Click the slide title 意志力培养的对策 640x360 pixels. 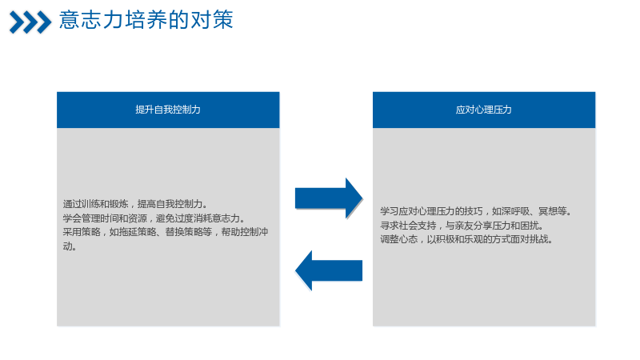point(146,19)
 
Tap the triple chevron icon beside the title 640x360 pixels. point(30,22)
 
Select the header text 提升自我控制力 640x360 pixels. point(168,110)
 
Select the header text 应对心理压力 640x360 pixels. point(484,110)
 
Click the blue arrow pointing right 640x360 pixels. point(329,198)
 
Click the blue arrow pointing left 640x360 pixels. point(329,270)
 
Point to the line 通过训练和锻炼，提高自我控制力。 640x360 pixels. point(135,204)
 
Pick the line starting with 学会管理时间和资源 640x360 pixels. point(154,218)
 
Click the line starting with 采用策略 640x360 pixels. point(166,232)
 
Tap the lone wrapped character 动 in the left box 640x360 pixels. point(67,246)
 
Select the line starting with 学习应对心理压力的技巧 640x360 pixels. point(476,211)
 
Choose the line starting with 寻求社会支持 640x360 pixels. point(462,225)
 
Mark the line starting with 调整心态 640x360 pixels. point(467,238)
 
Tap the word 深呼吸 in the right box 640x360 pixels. point(515,211)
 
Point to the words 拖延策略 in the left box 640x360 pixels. point(137,232)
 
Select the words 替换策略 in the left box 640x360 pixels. point(184,232)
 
